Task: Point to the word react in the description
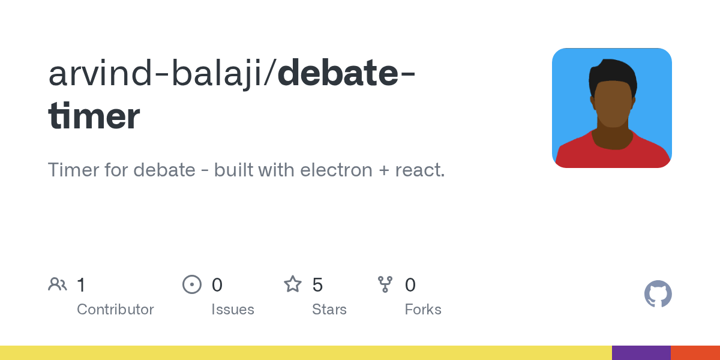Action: pyautogui.click(x=419, y=170)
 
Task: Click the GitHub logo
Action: pyautogui.click(x=658, y=294)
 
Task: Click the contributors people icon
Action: pyautogui.click(x=58, y=284)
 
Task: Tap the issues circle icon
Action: pyautogui.click(x=192, y=284)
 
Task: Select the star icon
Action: pyautogui.click(x=293, y=284)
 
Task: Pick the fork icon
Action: pyautogui.click(x=385, y=284)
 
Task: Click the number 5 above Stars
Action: pyautogui.click(x=317, y=284)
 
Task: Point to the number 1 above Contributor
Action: pyautogui.click(x=81, y=284)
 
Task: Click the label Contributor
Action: pyautogui.click(x=115, y=310)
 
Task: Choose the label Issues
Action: pyautogui.click(x=233, y=310)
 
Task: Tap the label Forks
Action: pyautogui.click(x=423, y=310)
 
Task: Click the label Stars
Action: pyautogui.click(x=329, y=310)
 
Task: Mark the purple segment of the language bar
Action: pyautogui.click(x=641, y=353)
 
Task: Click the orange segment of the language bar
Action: pyautogui.click(x=695, y=353)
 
